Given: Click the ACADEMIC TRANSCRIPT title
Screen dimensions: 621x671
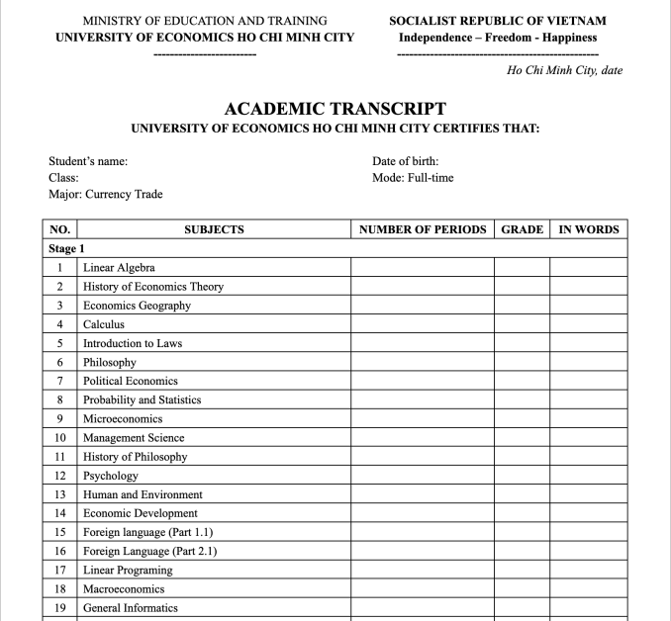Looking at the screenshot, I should click(x=335, y=109).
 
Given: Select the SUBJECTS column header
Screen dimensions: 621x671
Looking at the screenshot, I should click(x=214, y=229).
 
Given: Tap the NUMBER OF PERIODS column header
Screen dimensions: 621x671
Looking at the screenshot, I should click(x=423, y=229).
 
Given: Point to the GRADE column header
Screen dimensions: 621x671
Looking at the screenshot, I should click(x=523, y=229).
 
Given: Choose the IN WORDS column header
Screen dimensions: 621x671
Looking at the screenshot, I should click(x=589, y=229).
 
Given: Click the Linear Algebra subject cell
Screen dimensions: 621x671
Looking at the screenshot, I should click(x=119, y=267).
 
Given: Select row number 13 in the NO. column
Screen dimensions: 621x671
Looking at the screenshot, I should click(x=60, y=494).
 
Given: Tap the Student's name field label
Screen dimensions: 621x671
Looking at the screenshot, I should click(x=88, y=161).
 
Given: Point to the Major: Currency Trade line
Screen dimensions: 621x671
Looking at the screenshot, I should click(x=106, y=195).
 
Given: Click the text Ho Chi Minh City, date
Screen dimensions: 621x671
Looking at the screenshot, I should click(x=564, y=70).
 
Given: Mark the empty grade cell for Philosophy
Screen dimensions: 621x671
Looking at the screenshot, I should click(x=523, y=362).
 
